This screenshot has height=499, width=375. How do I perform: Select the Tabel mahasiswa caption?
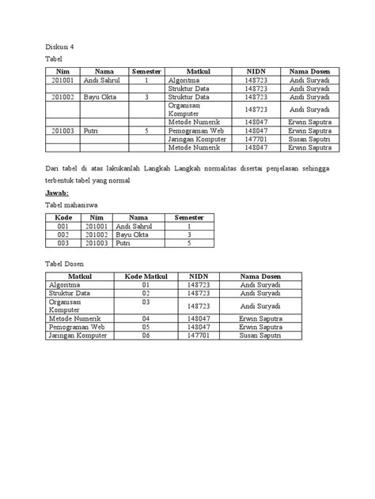[x=71, y=204]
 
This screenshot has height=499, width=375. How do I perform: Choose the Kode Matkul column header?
[x=146, y=276]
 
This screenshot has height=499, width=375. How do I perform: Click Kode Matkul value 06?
[x=146, y=335]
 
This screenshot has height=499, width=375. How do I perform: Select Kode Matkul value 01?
[x=146, y=285]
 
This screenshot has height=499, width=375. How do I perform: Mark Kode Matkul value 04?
[x=146, y=318]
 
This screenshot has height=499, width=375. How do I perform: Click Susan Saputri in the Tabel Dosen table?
[x=260, y=335]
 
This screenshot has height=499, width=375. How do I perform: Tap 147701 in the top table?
[x=256, y=138]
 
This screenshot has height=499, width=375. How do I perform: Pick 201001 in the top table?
[x=62, y=80]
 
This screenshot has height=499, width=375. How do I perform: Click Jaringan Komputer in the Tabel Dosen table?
[x=77, y=335]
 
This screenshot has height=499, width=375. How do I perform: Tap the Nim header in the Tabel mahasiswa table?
[x=96, y=216]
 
